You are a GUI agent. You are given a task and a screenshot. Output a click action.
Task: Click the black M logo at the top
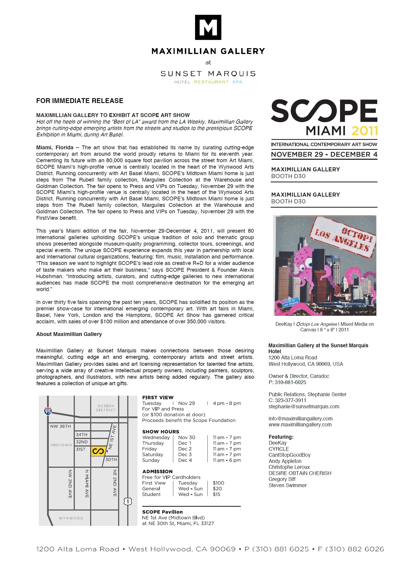(x=208, y=27)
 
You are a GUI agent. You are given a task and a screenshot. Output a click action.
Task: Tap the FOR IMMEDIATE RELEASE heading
(x=80, y=101)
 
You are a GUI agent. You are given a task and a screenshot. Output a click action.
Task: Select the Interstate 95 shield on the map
(x=48, y=411)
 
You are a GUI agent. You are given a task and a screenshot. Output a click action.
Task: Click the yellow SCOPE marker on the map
(x=98, y=451)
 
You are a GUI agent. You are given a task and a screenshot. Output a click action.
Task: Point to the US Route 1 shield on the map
(x=128, y=501)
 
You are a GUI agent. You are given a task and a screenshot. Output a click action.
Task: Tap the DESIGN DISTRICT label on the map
(x=106, y=408)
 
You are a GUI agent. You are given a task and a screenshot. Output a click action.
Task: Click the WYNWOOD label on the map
(x=71, y=518)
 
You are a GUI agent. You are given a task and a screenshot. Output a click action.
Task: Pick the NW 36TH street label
(x=61, y=426)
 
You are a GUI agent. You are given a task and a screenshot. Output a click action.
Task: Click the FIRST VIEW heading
(x=158, y=398)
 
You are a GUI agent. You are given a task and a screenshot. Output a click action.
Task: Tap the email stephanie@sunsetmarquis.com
(x=304, y=406)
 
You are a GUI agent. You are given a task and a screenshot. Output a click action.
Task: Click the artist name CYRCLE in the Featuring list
(x=279, y=449)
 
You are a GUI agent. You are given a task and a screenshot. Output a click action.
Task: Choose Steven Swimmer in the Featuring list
(x=287, y=485)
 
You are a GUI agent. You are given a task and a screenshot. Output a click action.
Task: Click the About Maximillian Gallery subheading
(x=69, y=334)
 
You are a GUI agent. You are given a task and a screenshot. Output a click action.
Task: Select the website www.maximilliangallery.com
(x=300, y=424)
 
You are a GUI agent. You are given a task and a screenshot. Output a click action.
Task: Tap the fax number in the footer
(x=351, y=549)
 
